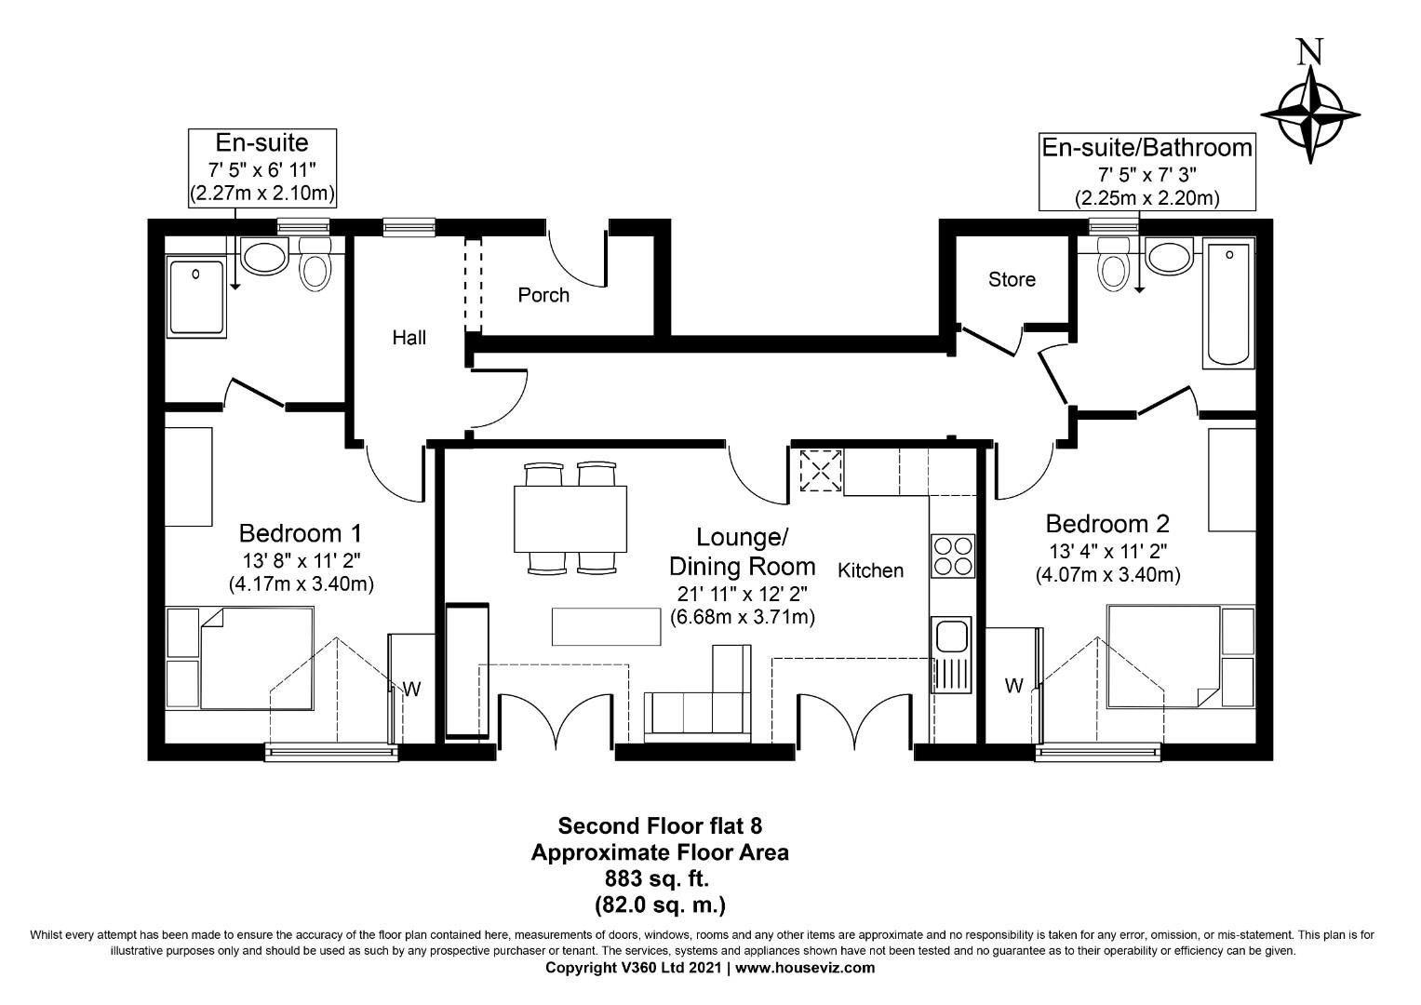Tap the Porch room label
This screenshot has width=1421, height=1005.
pos(543,295)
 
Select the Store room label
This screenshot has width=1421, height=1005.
pos(1012,279)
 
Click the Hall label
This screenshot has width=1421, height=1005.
pos(409,337)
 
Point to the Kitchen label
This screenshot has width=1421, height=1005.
pos(870,570)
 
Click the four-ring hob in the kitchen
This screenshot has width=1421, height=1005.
pos(951,556)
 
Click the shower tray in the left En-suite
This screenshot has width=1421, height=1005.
pos(196,297)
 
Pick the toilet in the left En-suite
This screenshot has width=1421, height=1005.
pos(315,264)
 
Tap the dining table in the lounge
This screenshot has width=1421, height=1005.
pos(570,518)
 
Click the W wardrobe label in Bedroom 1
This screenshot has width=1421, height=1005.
pos(411,690)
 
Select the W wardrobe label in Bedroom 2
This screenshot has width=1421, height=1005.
pos(1013,686)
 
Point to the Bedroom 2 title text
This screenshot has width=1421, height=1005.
pos(1107,523)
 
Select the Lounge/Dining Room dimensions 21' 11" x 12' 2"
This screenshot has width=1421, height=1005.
pos(743,594)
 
